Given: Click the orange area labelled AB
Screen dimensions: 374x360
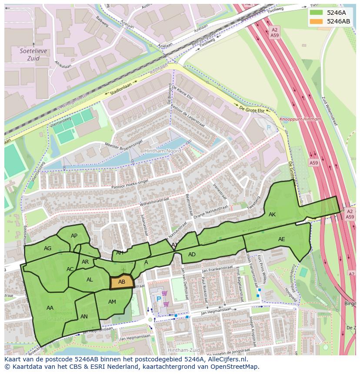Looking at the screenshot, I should click(122, 282).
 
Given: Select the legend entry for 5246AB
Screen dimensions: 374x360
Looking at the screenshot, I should click(338, 21).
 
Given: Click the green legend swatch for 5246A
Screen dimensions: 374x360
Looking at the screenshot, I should click(316, 13).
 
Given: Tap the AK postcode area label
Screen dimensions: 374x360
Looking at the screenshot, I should click(272, 215).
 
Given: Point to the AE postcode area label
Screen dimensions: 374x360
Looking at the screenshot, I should click(281, 239).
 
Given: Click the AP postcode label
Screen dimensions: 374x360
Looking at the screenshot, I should click(74, 236).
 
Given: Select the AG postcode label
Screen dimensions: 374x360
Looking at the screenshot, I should click(48, 248).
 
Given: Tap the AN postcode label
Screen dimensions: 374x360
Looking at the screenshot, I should click(84, 317).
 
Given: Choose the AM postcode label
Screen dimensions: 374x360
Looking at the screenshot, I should click(112, 302).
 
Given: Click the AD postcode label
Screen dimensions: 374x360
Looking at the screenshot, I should click(192, 255).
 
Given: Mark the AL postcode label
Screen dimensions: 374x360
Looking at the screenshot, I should click(90, 280).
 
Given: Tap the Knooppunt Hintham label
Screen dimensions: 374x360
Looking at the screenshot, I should click(300, 119).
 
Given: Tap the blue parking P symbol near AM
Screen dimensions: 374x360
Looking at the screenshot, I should click(159, 299).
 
